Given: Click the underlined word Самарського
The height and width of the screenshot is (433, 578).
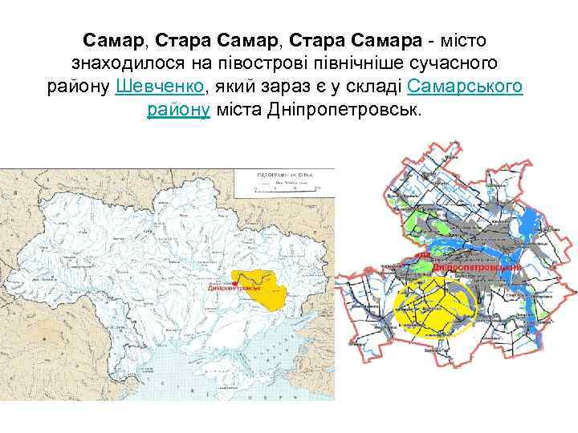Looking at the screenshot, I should pyautogui.click(x=466, y=87).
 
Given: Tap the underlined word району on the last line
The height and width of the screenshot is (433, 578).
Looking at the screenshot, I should pyautogui.click(x=178, y=111).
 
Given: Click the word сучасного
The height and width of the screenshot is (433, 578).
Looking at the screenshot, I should pyautogui.click(x=443, y=63).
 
